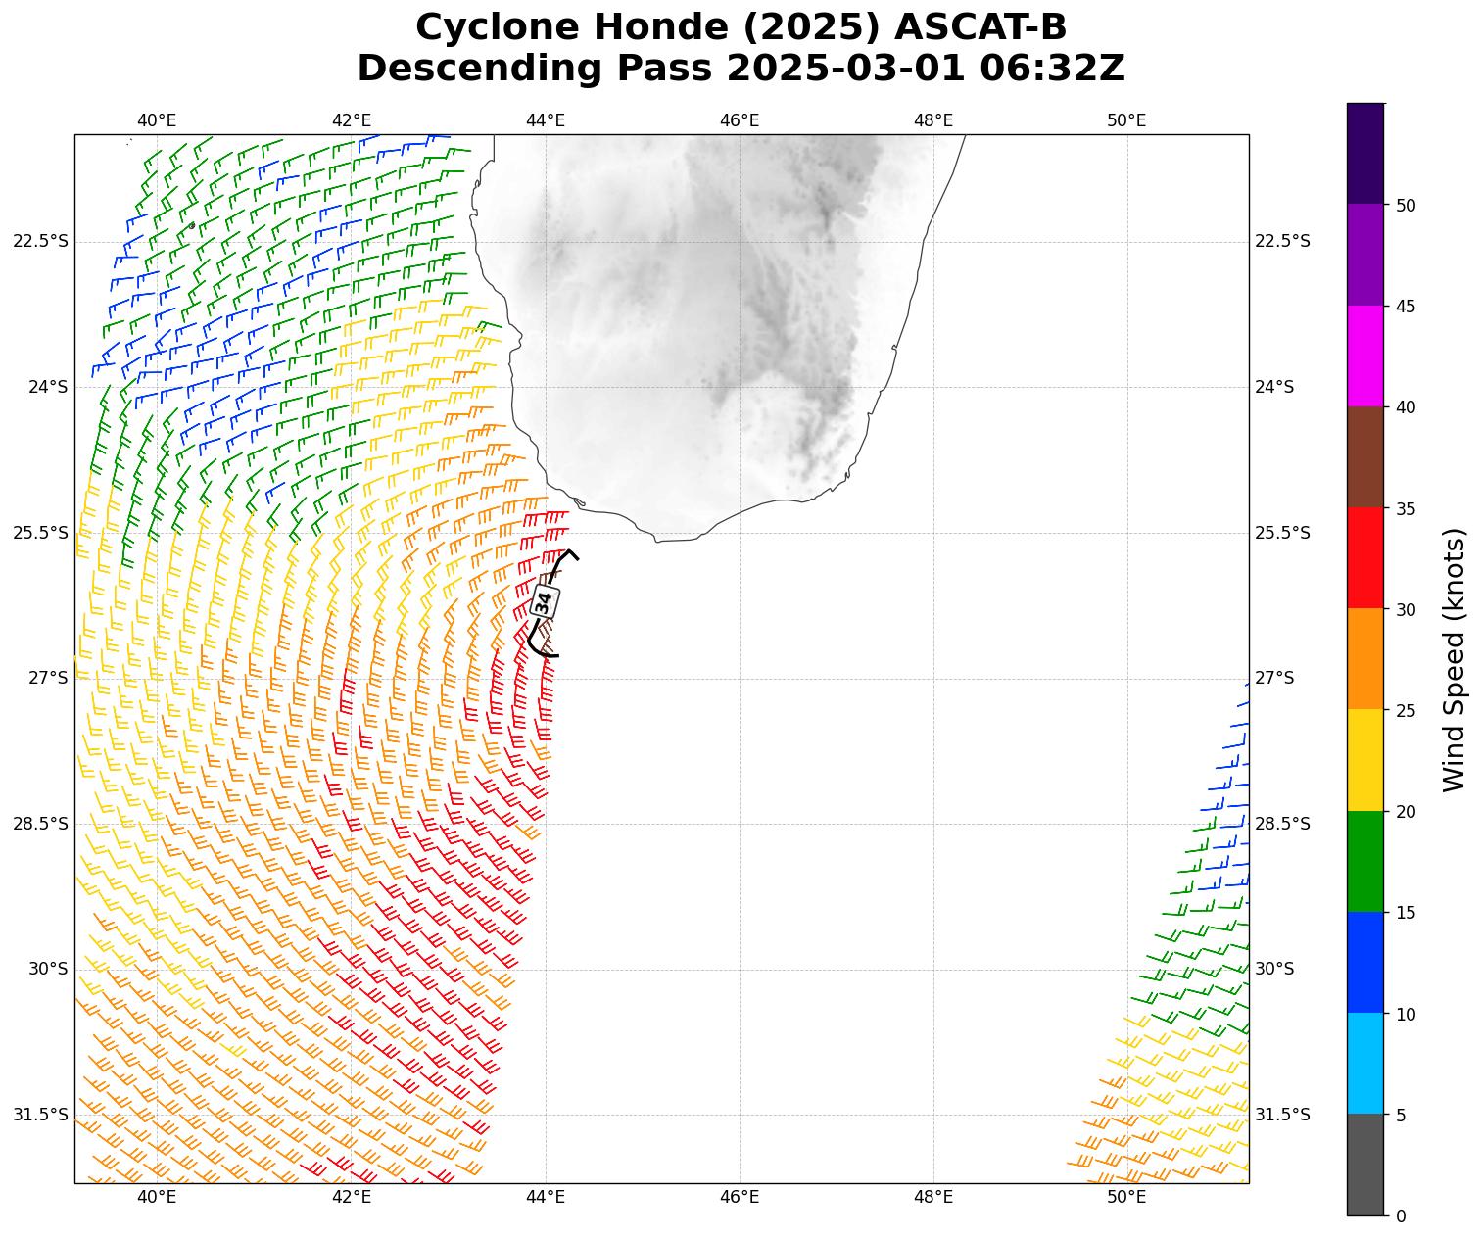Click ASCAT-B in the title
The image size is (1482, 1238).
985,27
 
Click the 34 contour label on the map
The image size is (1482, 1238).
545,601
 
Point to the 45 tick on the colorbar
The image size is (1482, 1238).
1405,307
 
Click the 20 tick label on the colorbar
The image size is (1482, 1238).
1405,812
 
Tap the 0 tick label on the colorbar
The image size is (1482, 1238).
1400,1216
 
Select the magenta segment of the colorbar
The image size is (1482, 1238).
1365,357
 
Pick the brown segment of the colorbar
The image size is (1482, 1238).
1365,457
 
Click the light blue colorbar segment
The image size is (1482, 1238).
1365,1064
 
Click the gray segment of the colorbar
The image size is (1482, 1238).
1365,1166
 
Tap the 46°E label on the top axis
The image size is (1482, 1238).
740,120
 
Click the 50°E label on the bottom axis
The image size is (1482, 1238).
1127,1197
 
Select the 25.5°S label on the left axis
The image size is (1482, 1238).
40,533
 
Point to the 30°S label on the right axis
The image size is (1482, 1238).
1274,969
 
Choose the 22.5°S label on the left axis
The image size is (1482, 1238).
40,242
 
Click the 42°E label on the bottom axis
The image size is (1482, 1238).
352,1197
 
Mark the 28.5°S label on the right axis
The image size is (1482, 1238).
1282,824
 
